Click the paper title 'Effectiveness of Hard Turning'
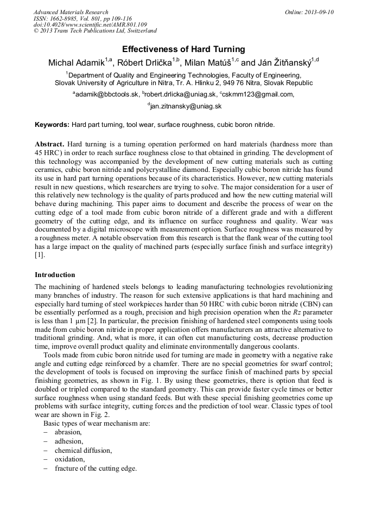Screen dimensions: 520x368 click(183, 49)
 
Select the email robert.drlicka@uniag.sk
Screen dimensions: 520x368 click(180, 94)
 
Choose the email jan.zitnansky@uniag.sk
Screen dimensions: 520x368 click(185, 106)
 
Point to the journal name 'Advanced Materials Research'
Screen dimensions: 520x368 click(71, 12)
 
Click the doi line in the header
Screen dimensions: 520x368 click(90, 25)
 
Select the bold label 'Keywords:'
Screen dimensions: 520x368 click(52, 125)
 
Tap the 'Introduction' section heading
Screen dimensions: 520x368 click(55, 275)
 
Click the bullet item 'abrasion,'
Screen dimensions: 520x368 click(68, 432)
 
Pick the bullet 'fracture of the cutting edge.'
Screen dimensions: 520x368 click(96, 468)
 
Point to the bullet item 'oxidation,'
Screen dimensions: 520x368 click(69, 459)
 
